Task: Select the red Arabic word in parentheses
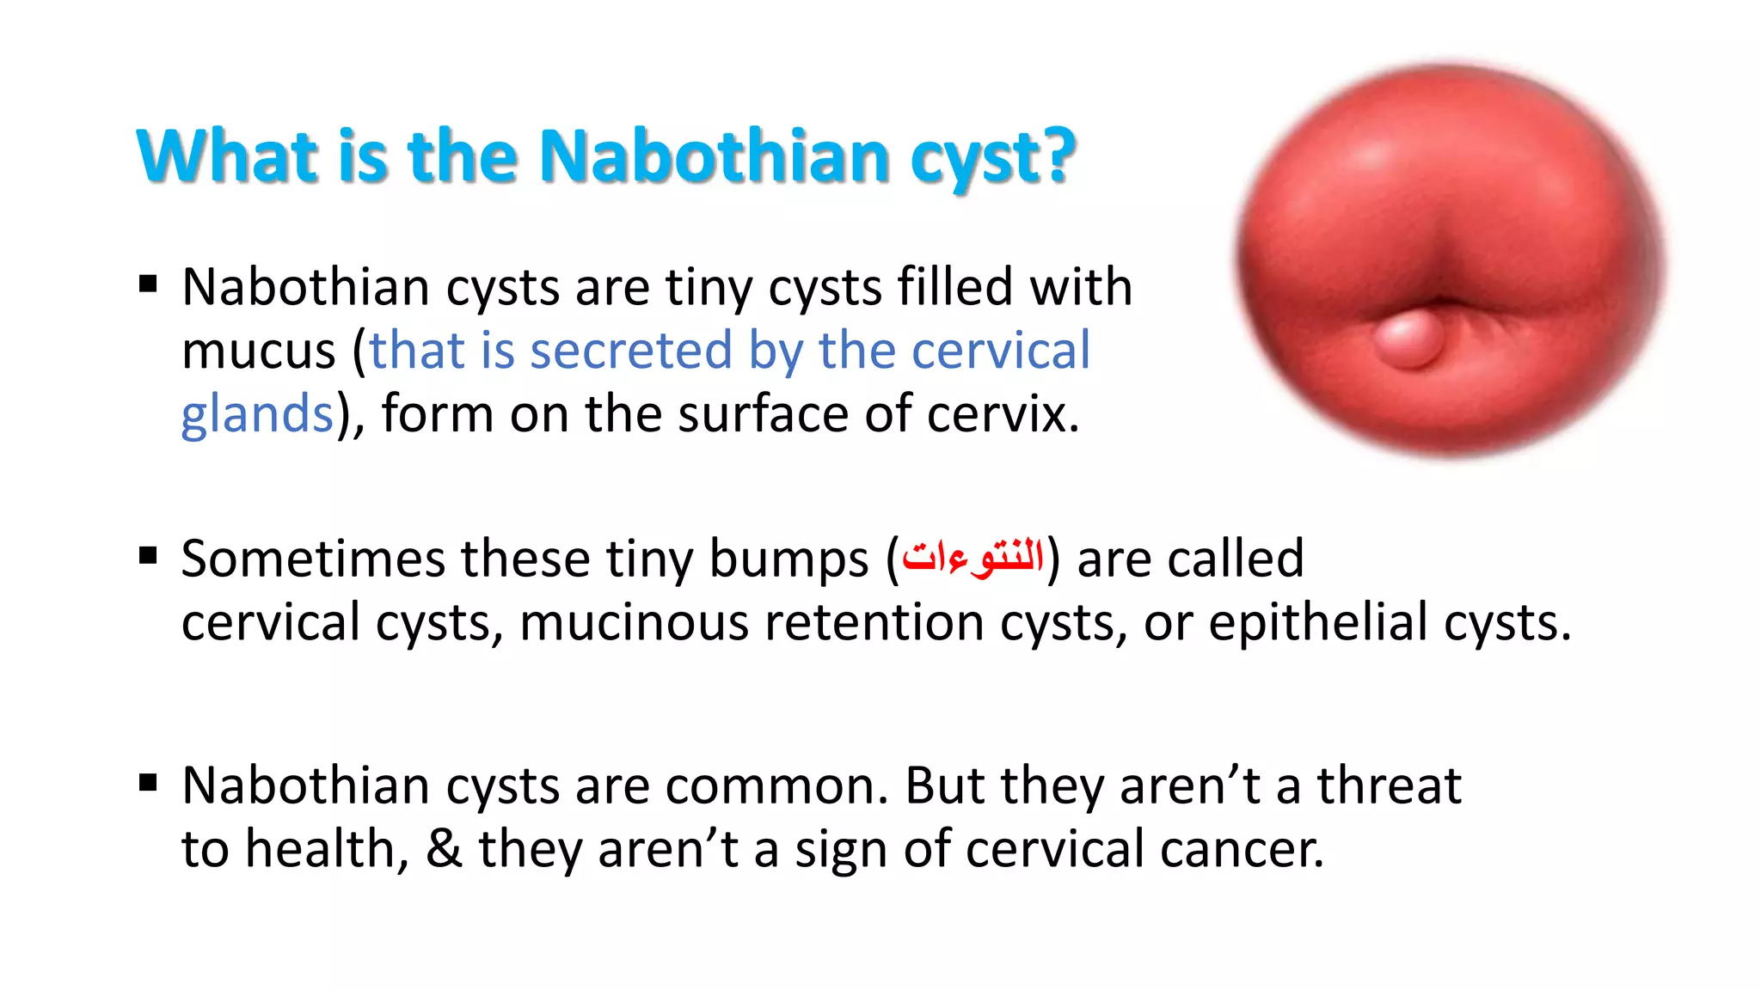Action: [973, 559]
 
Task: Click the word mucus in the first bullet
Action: [258, 351]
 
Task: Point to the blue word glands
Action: [256, 414]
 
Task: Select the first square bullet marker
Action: [148, 284]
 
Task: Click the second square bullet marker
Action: [148, 556]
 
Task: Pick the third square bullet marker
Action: [148, 783]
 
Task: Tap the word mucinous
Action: [634, 622]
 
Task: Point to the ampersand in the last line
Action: [444, 849]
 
